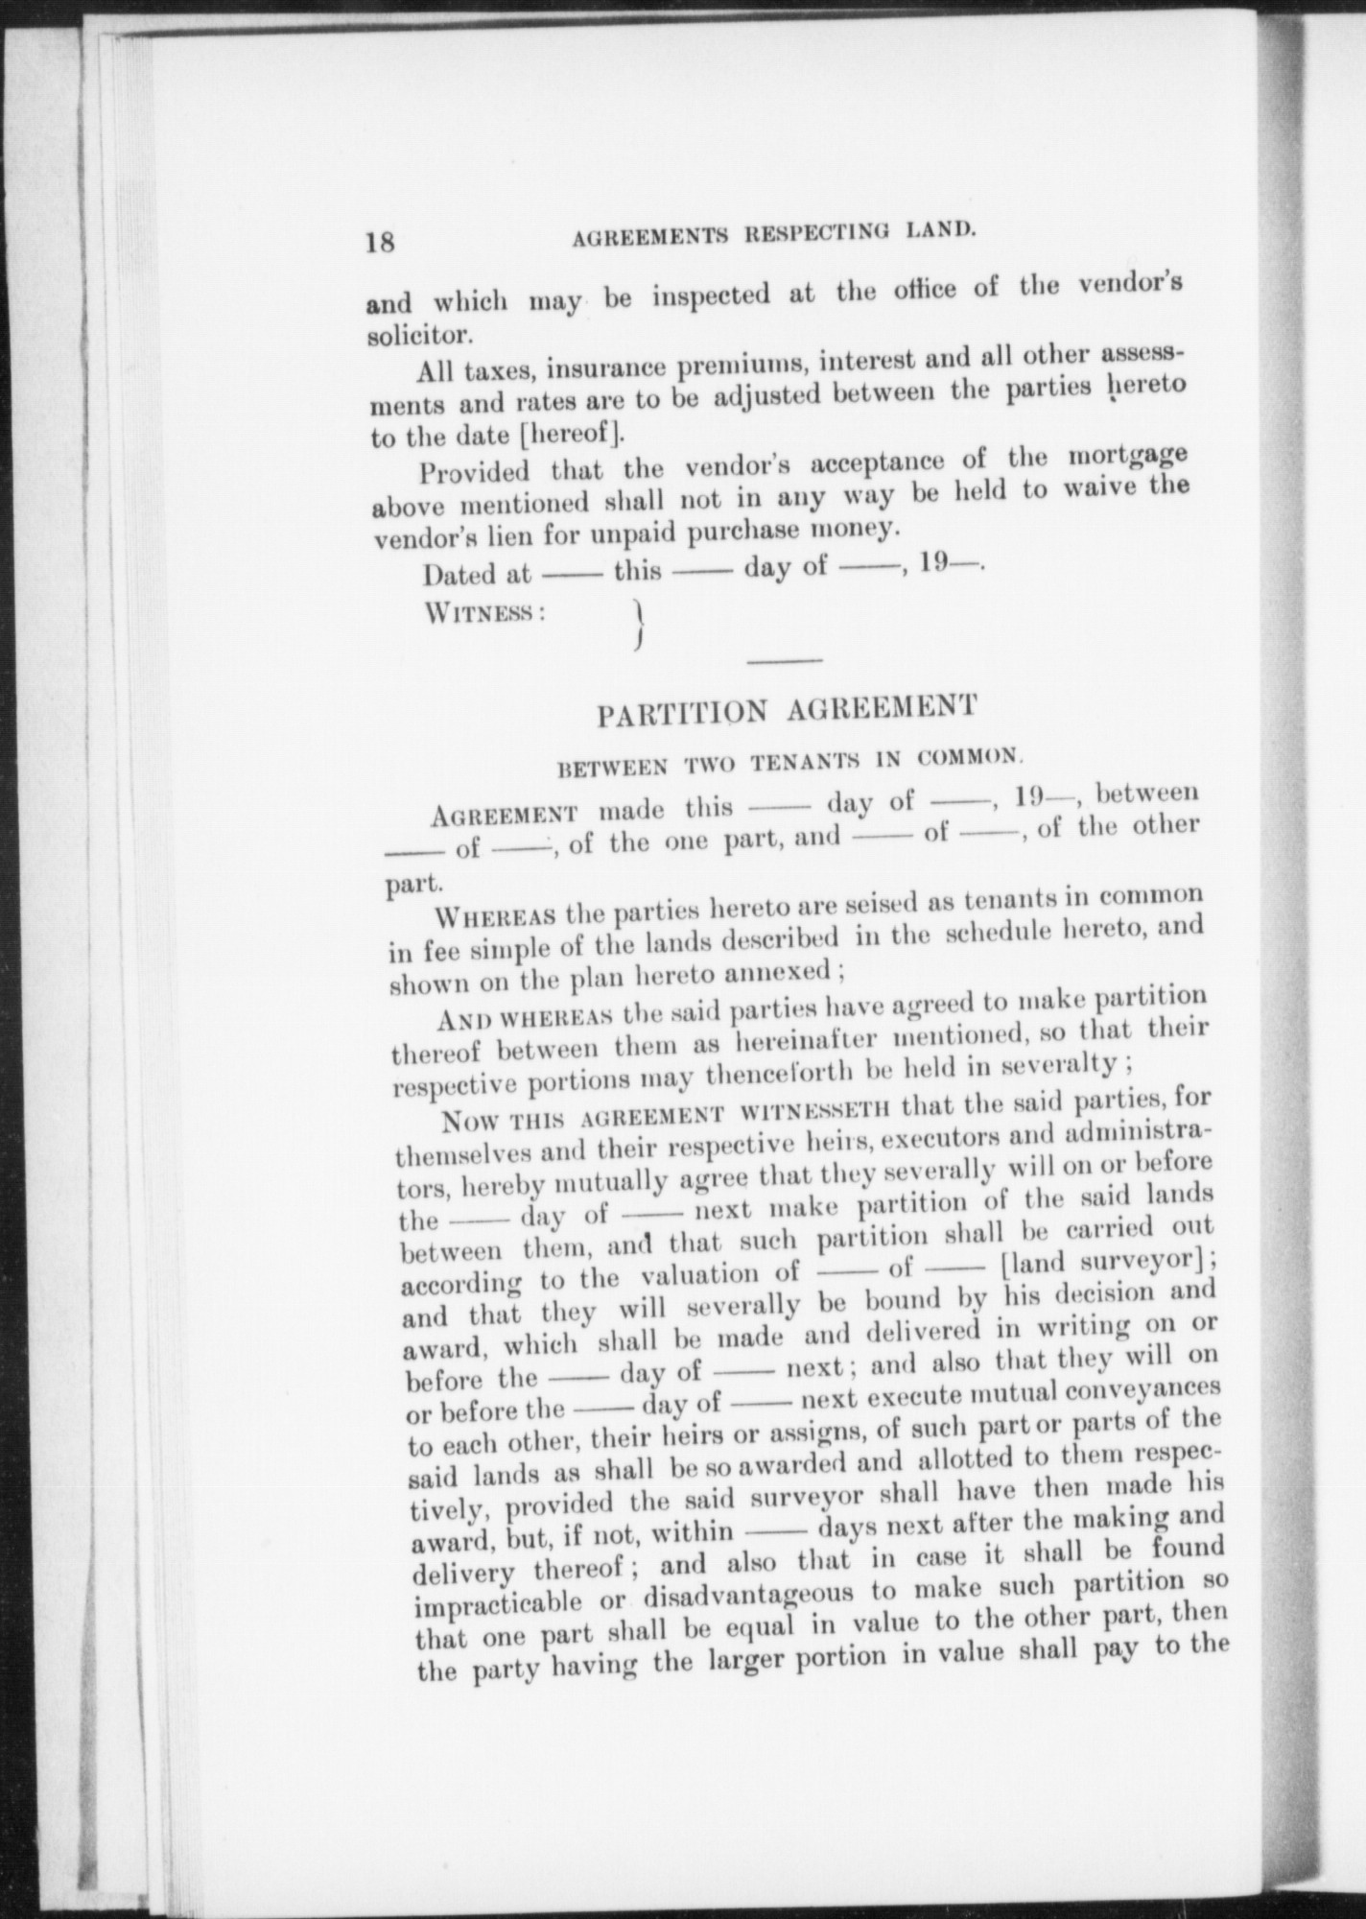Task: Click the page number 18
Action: click(380, 240)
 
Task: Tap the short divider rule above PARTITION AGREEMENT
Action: click(784, 661)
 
